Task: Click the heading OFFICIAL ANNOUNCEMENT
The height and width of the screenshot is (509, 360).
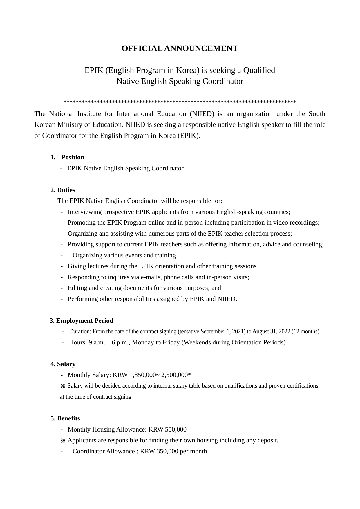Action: point(180,48)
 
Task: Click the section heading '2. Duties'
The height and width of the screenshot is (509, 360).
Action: point(63,190)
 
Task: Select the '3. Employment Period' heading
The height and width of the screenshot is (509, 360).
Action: point(81,321)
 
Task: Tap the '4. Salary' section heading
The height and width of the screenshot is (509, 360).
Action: point(63,364)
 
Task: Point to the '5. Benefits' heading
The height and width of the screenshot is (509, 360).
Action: point(65,418)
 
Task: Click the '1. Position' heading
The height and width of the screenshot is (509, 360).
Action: point(67,157)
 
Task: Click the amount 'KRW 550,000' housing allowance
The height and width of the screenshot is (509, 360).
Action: point(167,429)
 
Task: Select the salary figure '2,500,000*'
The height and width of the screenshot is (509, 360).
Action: point(176,375)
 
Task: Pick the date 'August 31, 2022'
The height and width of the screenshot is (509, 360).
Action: point(271,331)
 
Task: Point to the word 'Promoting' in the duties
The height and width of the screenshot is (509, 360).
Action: point(81,223)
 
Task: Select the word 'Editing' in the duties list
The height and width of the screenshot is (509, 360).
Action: point(77,288)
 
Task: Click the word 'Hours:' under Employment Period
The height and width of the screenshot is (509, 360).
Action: point(78,342)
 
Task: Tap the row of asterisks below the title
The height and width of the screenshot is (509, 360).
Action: point(180,102)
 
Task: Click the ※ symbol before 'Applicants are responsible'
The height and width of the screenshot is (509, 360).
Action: point(63,441)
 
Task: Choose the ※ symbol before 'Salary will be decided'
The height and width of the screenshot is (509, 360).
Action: point(63,386)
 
